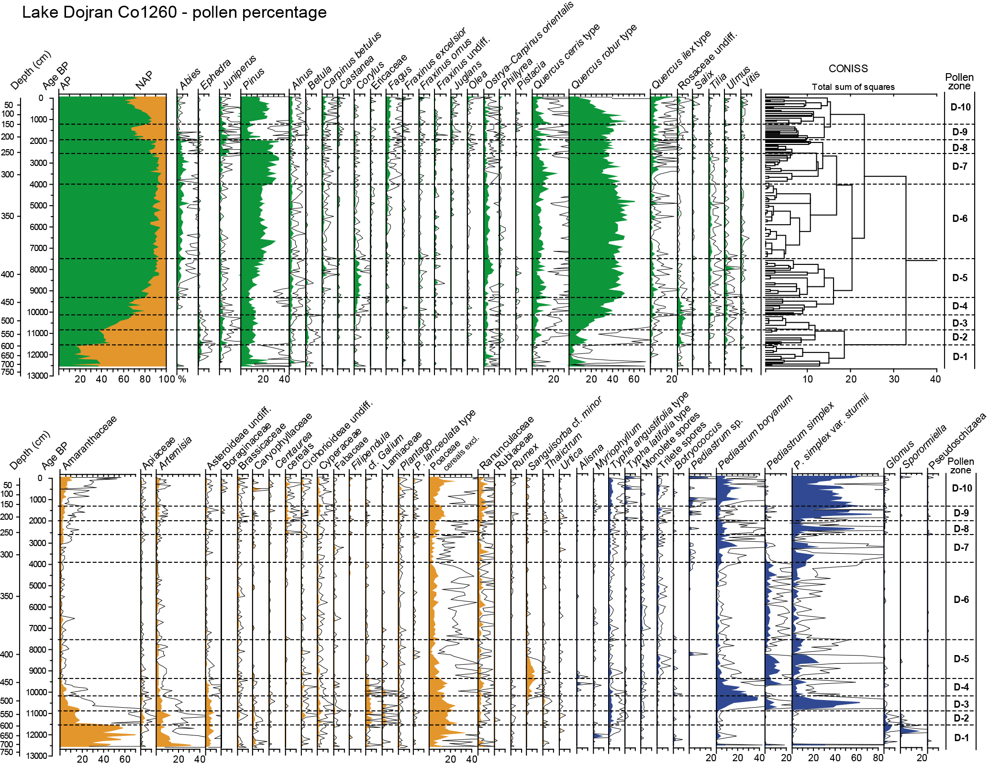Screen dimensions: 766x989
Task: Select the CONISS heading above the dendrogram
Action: pyautogui.click(x=848, y=68)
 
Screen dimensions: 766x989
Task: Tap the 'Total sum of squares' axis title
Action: pyautogui.click(x=853, y=87)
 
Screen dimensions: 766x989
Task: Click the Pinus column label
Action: pyautogui.click(x=254, y=79)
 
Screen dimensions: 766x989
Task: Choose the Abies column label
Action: pyautogui.click(x=190, y=79)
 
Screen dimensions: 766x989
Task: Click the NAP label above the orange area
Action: pyautogui.click(x=144, y=80)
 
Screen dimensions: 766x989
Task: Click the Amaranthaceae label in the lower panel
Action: pyautogui.click(x=89, y=442)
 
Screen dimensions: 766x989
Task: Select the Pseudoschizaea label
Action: pyautogui.click(x=957, y=440)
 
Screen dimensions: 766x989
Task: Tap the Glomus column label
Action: pyautogui.click(x=900, y=454)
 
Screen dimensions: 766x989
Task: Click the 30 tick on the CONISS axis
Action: pyautogui.click(x=894, y=379)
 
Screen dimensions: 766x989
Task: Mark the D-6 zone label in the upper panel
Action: pyautogui.click(x=960, y=219)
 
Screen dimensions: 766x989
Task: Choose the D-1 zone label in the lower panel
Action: pyautogui.click(x=961, y=738)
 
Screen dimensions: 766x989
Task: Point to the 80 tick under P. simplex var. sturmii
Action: pyautogui.click(x=878, y=758)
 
